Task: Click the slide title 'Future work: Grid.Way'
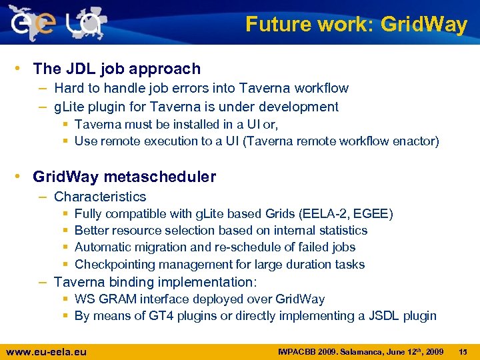click(356, 25)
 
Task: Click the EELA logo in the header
click(57, 23)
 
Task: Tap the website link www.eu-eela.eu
click(46, 351)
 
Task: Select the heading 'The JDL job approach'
click(117, 69)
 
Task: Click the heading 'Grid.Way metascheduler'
click(124, 177)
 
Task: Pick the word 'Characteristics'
click(100, 197)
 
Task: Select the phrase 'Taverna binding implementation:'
click(155, 282)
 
